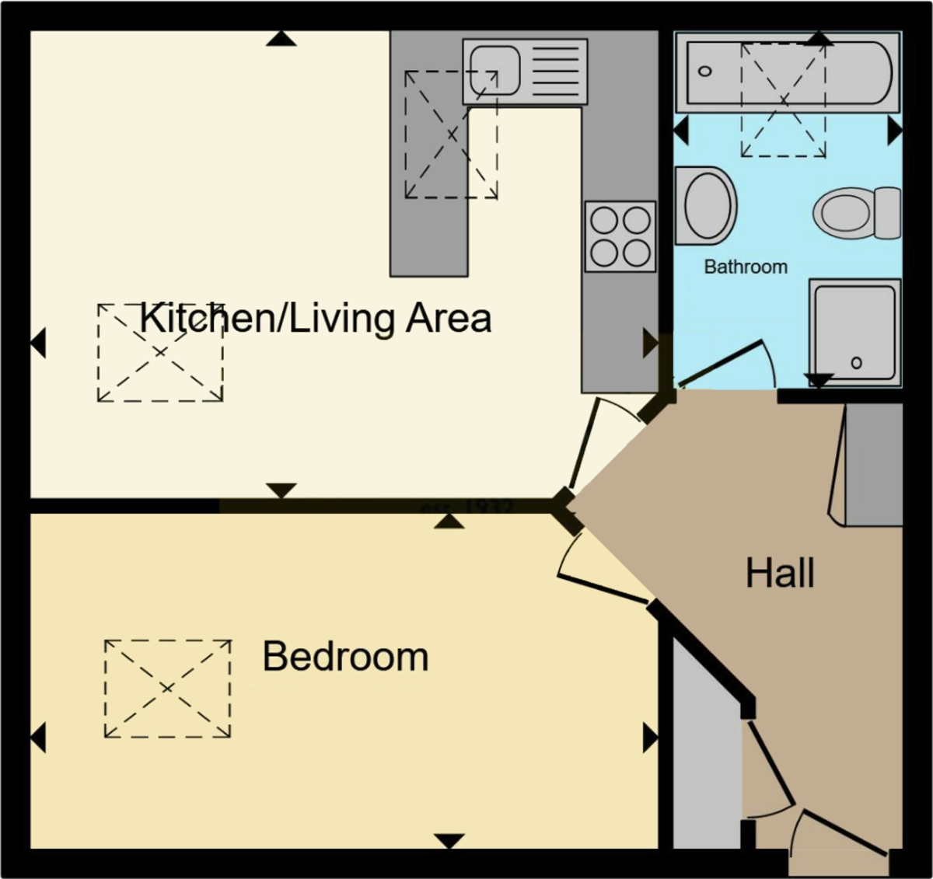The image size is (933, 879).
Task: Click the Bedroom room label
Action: (x=345, y=657)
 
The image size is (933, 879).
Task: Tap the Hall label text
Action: (x=780, y=574)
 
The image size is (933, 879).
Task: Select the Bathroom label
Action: (x=745, y=267)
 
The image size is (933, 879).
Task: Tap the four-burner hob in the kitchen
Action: (x=620, y=235)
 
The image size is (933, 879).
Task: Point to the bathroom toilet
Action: (x=856, y=212)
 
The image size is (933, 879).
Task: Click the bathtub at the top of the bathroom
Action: (x=786, y=72)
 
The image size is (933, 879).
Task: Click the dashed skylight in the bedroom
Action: (x=168, y=689)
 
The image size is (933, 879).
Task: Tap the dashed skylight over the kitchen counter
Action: (x=451, y=134)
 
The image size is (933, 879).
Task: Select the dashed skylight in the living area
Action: (x=160, y=352)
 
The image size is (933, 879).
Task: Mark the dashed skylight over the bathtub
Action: (x=783, y=100)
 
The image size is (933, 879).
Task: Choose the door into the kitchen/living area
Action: (x=591, y=443)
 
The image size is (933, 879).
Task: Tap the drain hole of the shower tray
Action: (x=856, y=363)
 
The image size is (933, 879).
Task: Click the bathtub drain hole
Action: (x=704, y=72)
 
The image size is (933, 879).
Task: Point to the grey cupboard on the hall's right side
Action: (x=873, y=464)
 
